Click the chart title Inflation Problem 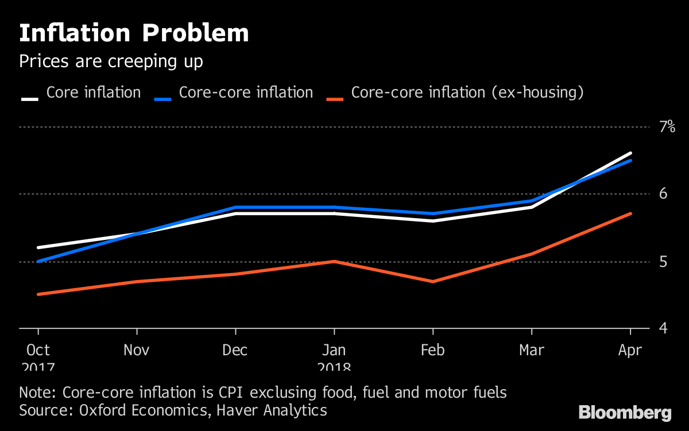[134, 34]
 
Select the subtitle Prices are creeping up [111, 61]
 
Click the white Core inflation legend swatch [30, 99]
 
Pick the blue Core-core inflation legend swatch [163, 99]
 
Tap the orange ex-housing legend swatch [335, 99]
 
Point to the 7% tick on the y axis [667, 127]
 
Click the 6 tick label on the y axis [663, 194]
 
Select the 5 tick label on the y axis [663, 262]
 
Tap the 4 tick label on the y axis [663, 329]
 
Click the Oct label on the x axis [38, 350]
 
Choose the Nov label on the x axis [137, 350]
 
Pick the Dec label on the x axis [235, 350]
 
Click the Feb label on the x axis [433, 350]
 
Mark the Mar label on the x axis [532, 350]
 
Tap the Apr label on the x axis [630, 350]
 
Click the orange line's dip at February [433, 281]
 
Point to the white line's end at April [630, 153]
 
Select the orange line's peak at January [334, 261]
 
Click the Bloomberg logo [625, 412]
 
